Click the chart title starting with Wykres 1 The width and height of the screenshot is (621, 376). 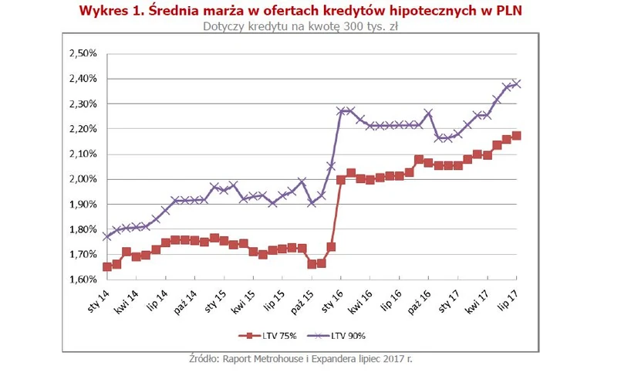point(310,10)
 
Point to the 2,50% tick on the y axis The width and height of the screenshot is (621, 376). point(83,54)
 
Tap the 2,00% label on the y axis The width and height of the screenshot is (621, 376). point(83,179)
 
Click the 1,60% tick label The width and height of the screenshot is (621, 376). point(83,279)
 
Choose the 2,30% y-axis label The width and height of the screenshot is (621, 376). point(83,104)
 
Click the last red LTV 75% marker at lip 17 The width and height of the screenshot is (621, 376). point(516,136)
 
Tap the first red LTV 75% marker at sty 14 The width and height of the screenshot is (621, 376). point(106,267)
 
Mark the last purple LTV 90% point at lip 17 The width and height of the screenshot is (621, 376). point(516,84)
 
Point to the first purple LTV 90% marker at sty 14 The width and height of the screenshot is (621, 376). point(106,236)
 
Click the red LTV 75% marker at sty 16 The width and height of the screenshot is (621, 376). point(341,180)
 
